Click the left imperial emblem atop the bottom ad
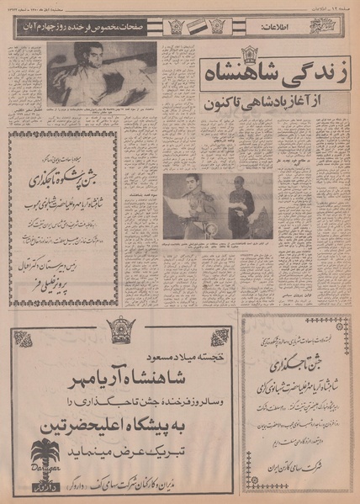[33, 326]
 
